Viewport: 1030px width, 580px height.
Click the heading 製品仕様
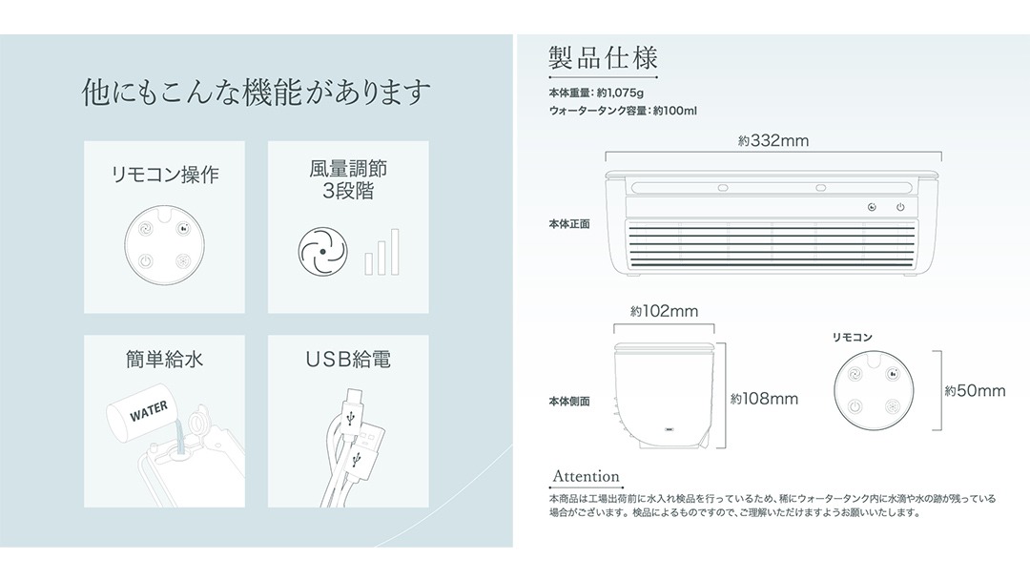click(x=603, y=58)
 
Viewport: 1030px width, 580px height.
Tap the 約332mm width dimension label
click(x=773, y=140)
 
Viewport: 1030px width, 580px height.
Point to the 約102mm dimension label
click(x=664, y=311)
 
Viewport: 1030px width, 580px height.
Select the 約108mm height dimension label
click(x=764, y=399)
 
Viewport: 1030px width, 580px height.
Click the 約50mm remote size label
click(x=975, y=391)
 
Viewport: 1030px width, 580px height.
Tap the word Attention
click(x=586, y=476)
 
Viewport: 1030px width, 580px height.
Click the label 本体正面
click(x=568, y=224)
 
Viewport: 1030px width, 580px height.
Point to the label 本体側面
click(x=568, y=402)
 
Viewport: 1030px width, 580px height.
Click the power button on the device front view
click(x=900, y=208)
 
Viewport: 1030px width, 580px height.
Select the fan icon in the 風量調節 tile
click(x=322, y=252)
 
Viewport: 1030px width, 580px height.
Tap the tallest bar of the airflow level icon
click(x=395, y=252)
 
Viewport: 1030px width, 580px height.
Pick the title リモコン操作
click(x=165, y=175)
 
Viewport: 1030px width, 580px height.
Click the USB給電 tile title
click(x=348, y=360)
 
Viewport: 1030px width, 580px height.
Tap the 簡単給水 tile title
click(x=164, y=360)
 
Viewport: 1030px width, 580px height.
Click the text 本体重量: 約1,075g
click(x=596, y=93)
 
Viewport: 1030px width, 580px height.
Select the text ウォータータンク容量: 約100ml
click(x=623, y=111)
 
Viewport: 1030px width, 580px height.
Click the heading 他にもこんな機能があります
click(x=257, y=92)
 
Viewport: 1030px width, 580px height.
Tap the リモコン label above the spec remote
click(x=852, y=337)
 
